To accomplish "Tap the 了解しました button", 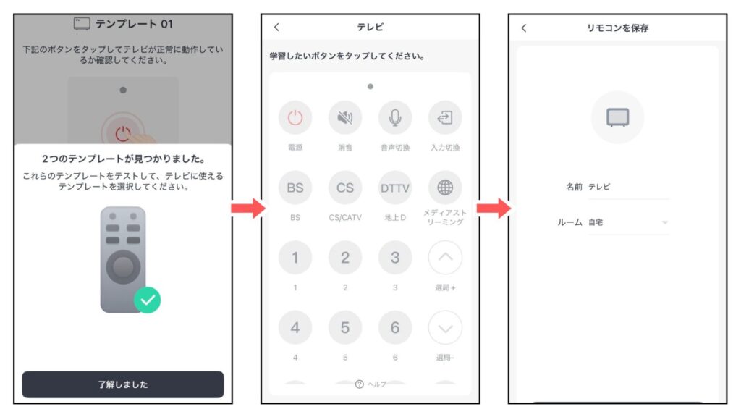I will click(122, 384).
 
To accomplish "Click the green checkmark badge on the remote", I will click(147, 300).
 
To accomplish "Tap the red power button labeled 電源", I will click(295, 118).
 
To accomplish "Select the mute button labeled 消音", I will click(345, 118).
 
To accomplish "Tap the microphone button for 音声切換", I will click(395, 118).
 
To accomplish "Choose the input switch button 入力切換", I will click(445, 118).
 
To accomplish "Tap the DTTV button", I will click(395, 188).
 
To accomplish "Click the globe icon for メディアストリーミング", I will click(445, 188).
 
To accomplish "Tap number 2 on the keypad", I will click(345, 258).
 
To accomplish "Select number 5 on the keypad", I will click(345, 327).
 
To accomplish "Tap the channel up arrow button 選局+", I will click(445, 258).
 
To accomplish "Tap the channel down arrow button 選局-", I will click(445, 327).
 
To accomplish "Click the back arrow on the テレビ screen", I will click(276, 28).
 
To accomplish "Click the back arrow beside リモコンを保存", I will click(524, 28).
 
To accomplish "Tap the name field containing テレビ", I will click(627, 187).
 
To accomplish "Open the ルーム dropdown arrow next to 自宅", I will click(664, 223).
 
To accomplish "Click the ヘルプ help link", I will click(370, 384).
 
